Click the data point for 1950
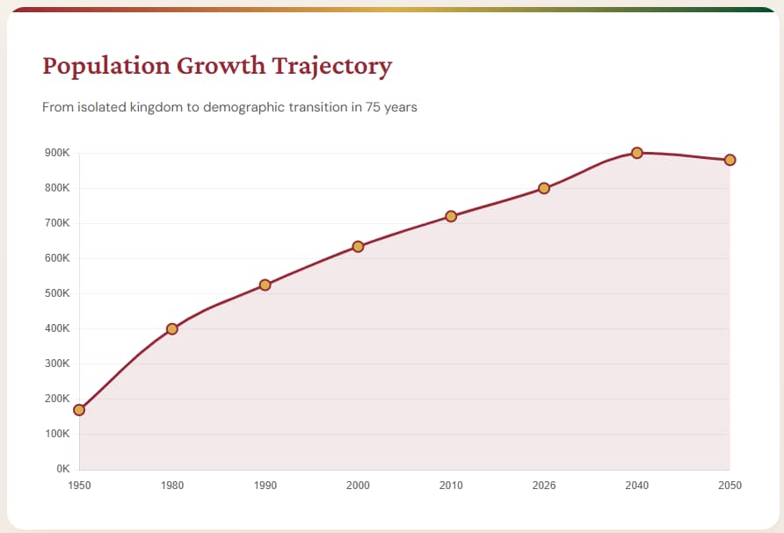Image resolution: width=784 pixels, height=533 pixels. pos(79,410)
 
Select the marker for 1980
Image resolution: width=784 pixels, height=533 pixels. pos(172,329)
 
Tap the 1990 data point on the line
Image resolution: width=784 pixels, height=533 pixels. pos(265,285)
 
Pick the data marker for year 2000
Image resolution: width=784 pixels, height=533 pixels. pos(358,247)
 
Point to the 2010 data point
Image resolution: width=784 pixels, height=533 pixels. pos(451,216)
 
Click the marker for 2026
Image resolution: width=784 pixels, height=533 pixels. pos(544,188)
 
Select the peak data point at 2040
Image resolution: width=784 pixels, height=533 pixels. pos(637,153)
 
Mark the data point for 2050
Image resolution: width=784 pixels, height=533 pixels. pos(730,160)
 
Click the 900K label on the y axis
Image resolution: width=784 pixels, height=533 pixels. pos(56,153)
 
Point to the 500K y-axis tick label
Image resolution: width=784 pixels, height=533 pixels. pos(56,293)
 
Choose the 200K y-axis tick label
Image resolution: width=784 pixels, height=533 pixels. pos(56,399)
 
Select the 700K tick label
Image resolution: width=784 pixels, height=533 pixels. pos(56,223)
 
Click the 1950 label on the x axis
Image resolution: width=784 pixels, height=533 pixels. pos(79,486)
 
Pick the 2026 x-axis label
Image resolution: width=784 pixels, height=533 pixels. pos(544,486)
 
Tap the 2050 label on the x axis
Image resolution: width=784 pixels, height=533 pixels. pos(730,486)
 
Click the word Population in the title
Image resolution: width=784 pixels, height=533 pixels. pos(105,67)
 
